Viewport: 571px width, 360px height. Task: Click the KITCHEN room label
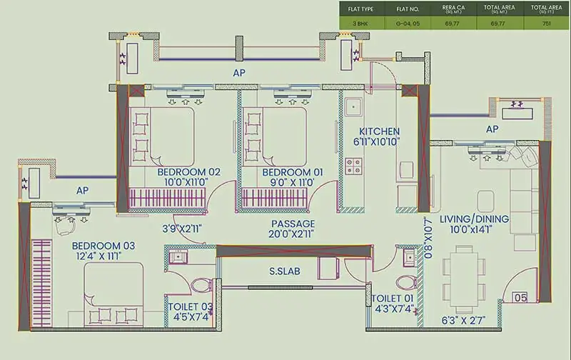[x=379, y=131]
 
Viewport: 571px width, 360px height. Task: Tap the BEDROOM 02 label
[x=189, y=172]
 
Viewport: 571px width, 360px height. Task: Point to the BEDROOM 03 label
[x=103, y=246]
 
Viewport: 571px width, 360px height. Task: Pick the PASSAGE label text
[x=293, y=224]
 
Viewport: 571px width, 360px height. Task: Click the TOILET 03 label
[x=191, y=306]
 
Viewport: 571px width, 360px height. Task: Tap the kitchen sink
[x=353, y=108]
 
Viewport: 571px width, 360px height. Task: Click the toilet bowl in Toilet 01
[x=406, y=281]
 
